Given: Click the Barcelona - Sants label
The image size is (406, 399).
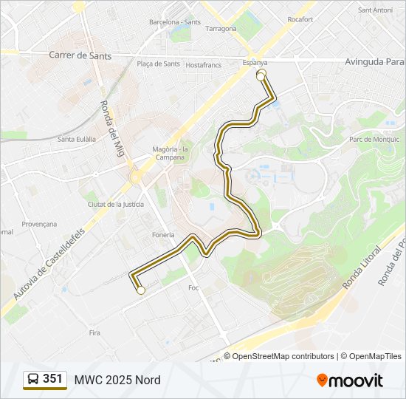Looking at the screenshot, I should (174, 22).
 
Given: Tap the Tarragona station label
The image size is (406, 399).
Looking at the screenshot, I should (221, 29).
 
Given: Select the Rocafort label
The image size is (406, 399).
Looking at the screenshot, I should (300, 19).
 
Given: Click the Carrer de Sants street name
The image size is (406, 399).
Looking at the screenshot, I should (80, 55).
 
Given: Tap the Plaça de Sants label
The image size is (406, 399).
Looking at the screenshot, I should (159, 64).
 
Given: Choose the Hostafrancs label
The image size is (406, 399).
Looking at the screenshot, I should (204, 65).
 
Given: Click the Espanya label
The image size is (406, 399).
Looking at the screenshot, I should (255, 64).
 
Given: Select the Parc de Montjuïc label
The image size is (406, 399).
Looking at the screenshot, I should (374, 139).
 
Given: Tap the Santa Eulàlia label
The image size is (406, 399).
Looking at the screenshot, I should (77, 139).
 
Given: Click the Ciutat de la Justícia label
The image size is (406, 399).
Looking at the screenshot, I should (115, 204).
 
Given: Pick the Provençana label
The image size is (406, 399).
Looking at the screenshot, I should (39, 224).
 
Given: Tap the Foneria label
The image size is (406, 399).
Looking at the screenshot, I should (164, 235).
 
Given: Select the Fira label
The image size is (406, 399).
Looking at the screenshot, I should (94, 333).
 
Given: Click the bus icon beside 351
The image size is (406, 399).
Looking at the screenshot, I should (33, 380).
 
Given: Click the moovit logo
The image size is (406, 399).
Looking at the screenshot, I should (350, 380).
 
